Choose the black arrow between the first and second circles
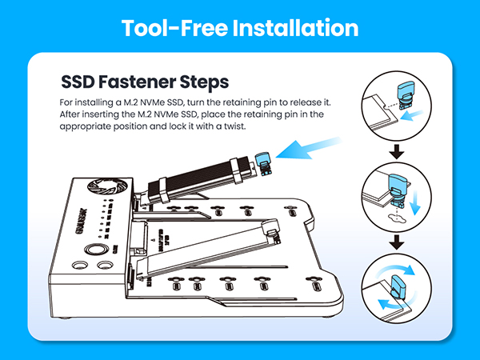pos(396,151)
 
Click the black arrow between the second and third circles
pos(396,244)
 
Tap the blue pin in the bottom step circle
pos(403,285)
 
